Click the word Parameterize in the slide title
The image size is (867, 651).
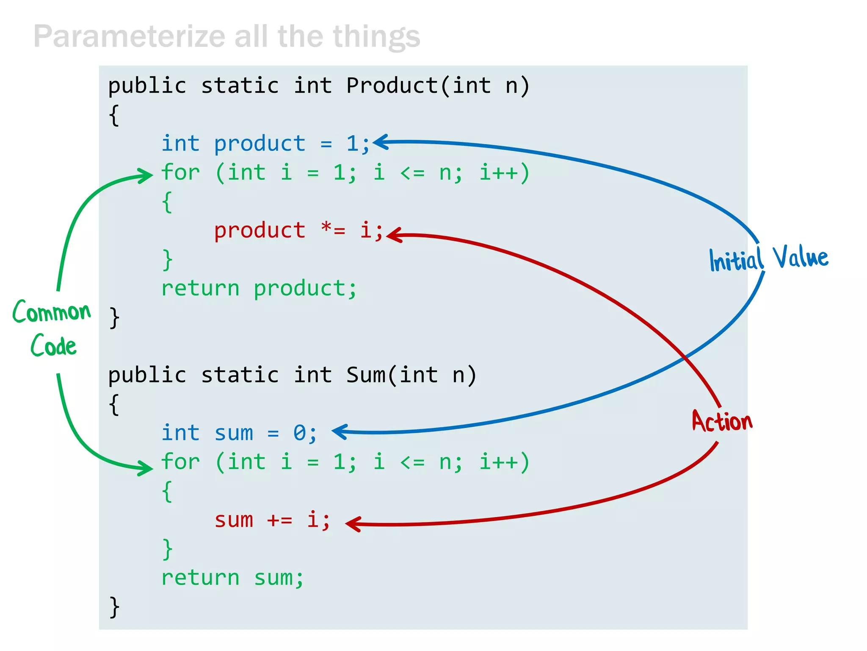pos(129,37)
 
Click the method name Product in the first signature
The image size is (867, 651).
pos(392,86)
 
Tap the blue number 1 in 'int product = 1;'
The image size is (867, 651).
pos(352,144)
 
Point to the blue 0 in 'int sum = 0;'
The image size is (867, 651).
pos(299,433)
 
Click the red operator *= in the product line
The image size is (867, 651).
pos(333,230)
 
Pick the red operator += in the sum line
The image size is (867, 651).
pos(279,520)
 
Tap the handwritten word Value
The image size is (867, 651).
pos(800,257)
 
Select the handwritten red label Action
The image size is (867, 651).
pos(722,422)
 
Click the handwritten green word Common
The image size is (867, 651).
pos(52,312)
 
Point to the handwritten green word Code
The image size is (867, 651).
pos(53,345)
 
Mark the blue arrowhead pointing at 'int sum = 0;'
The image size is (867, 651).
pos(340,431)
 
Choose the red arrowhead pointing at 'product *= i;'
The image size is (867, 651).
pos(394,235)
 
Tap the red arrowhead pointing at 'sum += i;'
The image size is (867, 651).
pos(353,524)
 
